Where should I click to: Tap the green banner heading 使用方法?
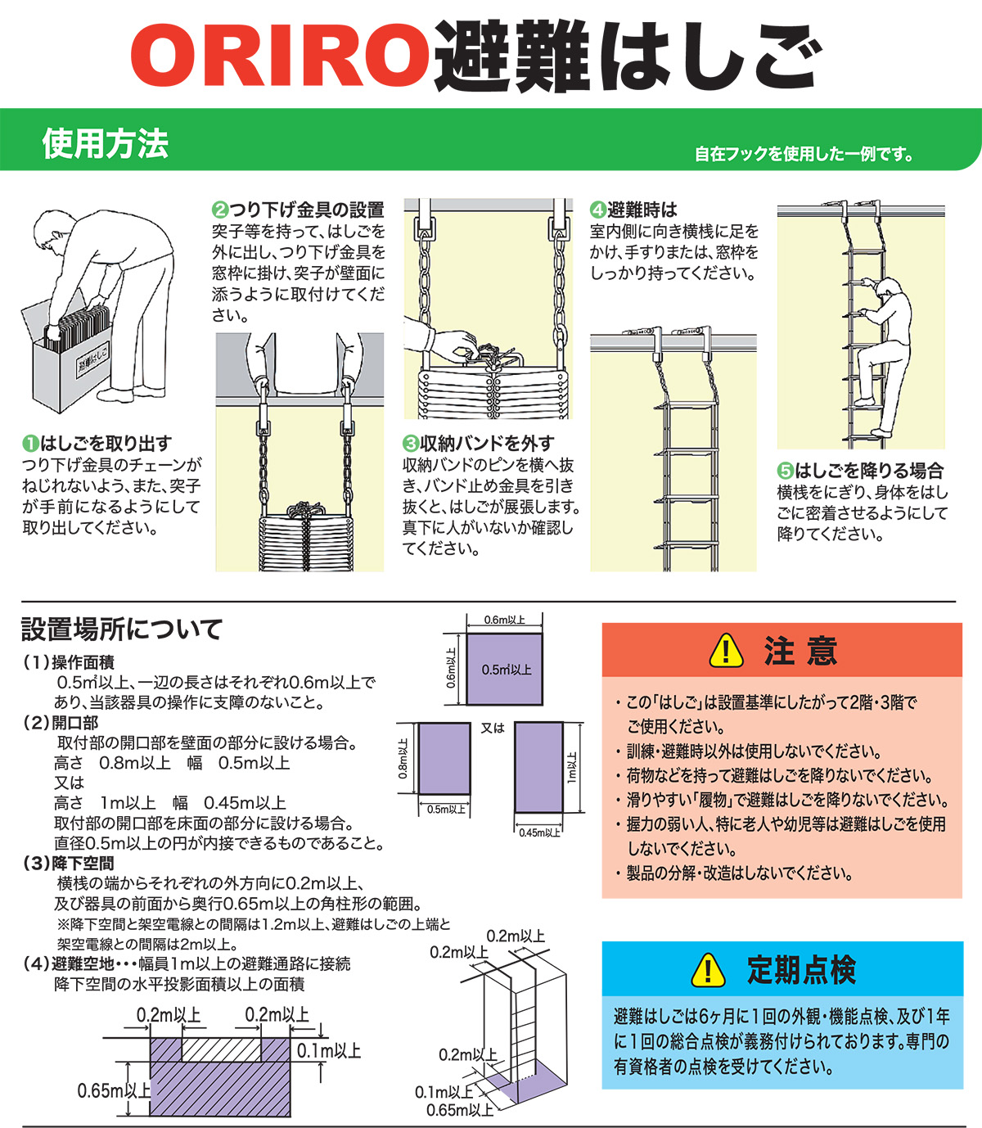tap(105, 144)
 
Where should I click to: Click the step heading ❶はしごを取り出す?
tap(97, 444)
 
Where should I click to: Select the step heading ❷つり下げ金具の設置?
tap(298, 210)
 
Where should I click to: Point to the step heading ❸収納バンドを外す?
tap(478, 444)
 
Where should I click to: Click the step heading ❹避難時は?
tap(633, 210)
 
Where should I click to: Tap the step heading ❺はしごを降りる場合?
tap(860, 471)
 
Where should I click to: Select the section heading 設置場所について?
tap(122, 629)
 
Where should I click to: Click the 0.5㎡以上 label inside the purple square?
tap(506, 670)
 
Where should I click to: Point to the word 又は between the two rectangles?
tap(493, 728)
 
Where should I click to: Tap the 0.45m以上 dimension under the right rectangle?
tap(539, 832)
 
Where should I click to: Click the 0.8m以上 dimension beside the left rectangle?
tap(403, 758)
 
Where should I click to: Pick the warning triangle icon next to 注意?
tap(726, 652)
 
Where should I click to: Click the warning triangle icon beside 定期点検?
tap(708, 971)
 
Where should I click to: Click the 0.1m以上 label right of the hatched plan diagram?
tap(328, 1051)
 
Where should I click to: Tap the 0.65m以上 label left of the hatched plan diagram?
tap(114, 1090)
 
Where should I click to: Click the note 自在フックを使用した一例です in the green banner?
tap(804, 154)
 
